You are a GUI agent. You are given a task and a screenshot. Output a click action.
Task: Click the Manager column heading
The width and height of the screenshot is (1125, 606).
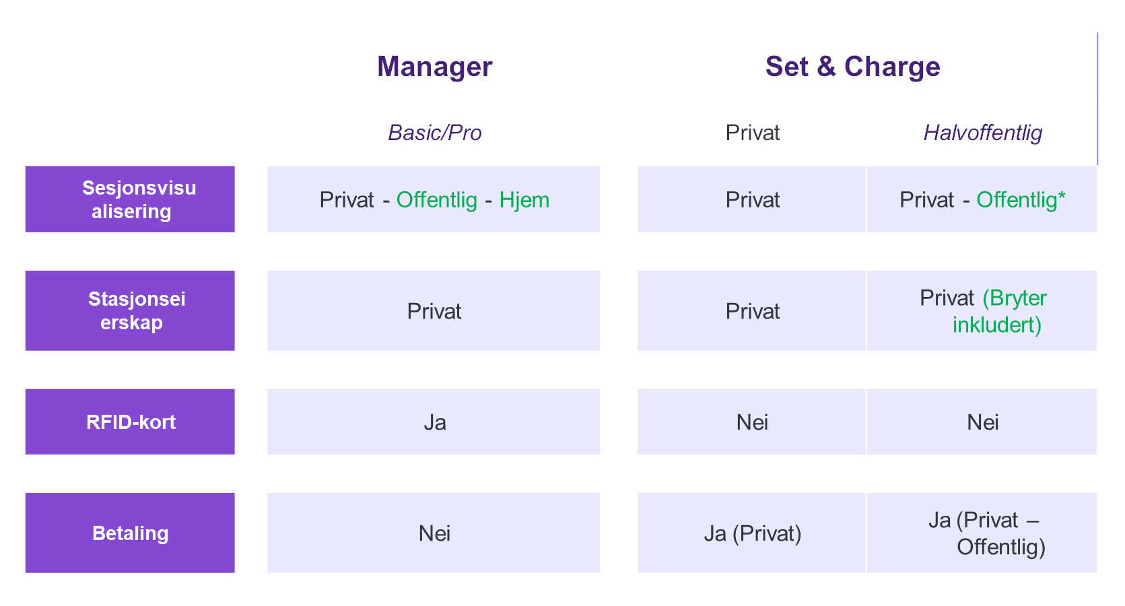point(434,67)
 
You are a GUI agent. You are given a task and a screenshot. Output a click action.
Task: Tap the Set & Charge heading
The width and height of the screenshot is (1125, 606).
point(852,67)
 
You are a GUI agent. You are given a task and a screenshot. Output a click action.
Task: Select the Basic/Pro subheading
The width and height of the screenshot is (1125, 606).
point(434,133)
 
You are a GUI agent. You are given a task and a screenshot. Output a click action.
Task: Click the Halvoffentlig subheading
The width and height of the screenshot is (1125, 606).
point(982,133)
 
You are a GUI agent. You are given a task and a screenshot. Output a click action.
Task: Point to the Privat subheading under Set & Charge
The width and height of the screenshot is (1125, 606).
point(752,133)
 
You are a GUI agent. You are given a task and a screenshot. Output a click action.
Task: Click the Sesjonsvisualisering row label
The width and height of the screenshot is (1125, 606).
point(130,199)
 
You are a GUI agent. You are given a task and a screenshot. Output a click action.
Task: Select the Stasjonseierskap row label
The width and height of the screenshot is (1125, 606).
point(130,310)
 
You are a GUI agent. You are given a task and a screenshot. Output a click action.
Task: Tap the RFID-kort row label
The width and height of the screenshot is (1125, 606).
point(130,422)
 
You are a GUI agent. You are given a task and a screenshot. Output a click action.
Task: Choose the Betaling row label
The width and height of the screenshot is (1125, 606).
point(130,533)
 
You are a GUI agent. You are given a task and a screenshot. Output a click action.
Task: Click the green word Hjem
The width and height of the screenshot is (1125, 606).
point(524,200)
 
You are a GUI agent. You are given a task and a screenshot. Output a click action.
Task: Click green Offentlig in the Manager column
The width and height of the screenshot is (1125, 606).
point(436,200)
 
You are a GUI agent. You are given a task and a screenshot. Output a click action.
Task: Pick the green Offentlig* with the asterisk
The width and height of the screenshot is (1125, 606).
point(1021,200)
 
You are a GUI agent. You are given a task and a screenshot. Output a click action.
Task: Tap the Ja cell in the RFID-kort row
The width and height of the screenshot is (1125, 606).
point(434,422)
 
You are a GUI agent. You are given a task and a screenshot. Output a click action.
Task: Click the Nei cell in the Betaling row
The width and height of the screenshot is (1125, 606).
point(434,533)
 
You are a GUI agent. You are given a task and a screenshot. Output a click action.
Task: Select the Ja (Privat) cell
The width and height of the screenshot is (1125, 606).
point(752,533)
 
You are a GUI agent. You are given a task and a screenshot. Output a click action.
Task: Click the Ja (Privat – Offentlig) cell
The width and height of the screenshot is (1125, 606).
point(982,533)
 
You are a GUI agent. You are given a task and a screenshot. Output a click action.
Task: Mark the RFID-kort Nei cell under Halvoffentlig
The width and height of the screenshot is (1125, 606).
point(982,422)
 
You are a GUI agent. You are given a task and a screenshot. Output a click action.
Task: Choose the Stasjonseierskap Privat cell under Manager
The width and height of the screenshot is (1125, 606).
point(434,310)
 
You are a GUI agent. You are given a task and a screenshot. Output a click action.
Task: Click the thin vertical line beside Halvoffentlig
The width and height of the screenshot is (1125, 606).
point(1097,98)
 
